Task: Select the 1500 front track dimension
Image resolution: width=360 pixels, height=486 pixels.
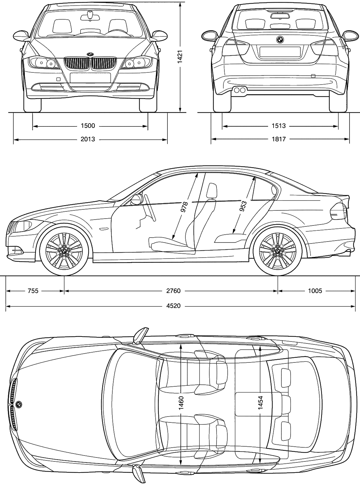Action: click(x=88, y=126)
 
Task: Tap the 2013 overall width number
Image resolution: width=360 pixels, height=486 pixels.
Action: click(x=88, y=139)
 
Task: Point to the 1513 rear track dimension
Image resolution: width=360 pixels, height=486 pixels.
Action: click(x=279, y=126)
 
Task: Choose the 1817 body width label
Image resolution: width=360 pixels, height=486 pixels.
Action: click(x=279, y=139)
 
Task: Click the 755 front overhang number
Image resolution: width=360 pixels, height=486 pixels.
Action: click(x=33, y=291)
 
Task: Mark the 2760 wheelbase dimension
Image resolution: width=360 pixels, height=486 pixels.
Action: click(x=173, y=291)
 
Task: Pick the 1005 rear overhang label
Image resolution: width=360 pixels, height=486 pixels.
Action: click(x=315, y=291)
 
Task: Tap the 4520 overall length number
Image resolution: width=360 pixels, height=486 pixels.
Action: click(x=173, y=306)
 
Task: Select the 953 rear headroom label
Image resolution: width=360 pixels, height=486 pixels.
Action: click(x=243, y=206)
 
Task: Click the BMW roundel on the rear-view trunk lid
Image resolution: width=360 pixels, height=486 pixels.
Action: click(x=280, y=40)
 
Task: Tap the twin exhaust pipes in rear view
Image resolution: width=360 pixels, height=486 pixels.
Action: click(x=239, y=90)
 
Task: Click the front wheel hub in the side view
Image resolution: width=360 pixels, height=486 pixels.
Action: click(x=64, y=252)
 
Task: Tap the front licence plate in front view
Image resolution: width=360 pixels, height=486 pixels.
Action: click(x=90, y=78)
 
